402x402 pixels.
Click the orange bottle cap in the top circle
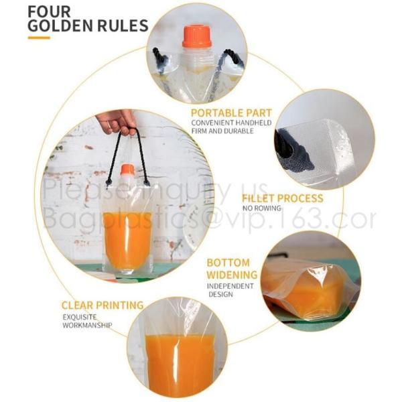point(197,36)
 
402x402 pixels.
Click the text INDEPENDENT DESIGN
point(230,290)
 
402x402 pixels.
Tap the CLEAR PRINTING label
point(103,306)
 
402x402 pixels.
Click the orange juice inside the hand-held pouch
point(127,239)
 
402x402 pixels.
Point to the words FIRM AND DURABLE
point(222,131)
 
